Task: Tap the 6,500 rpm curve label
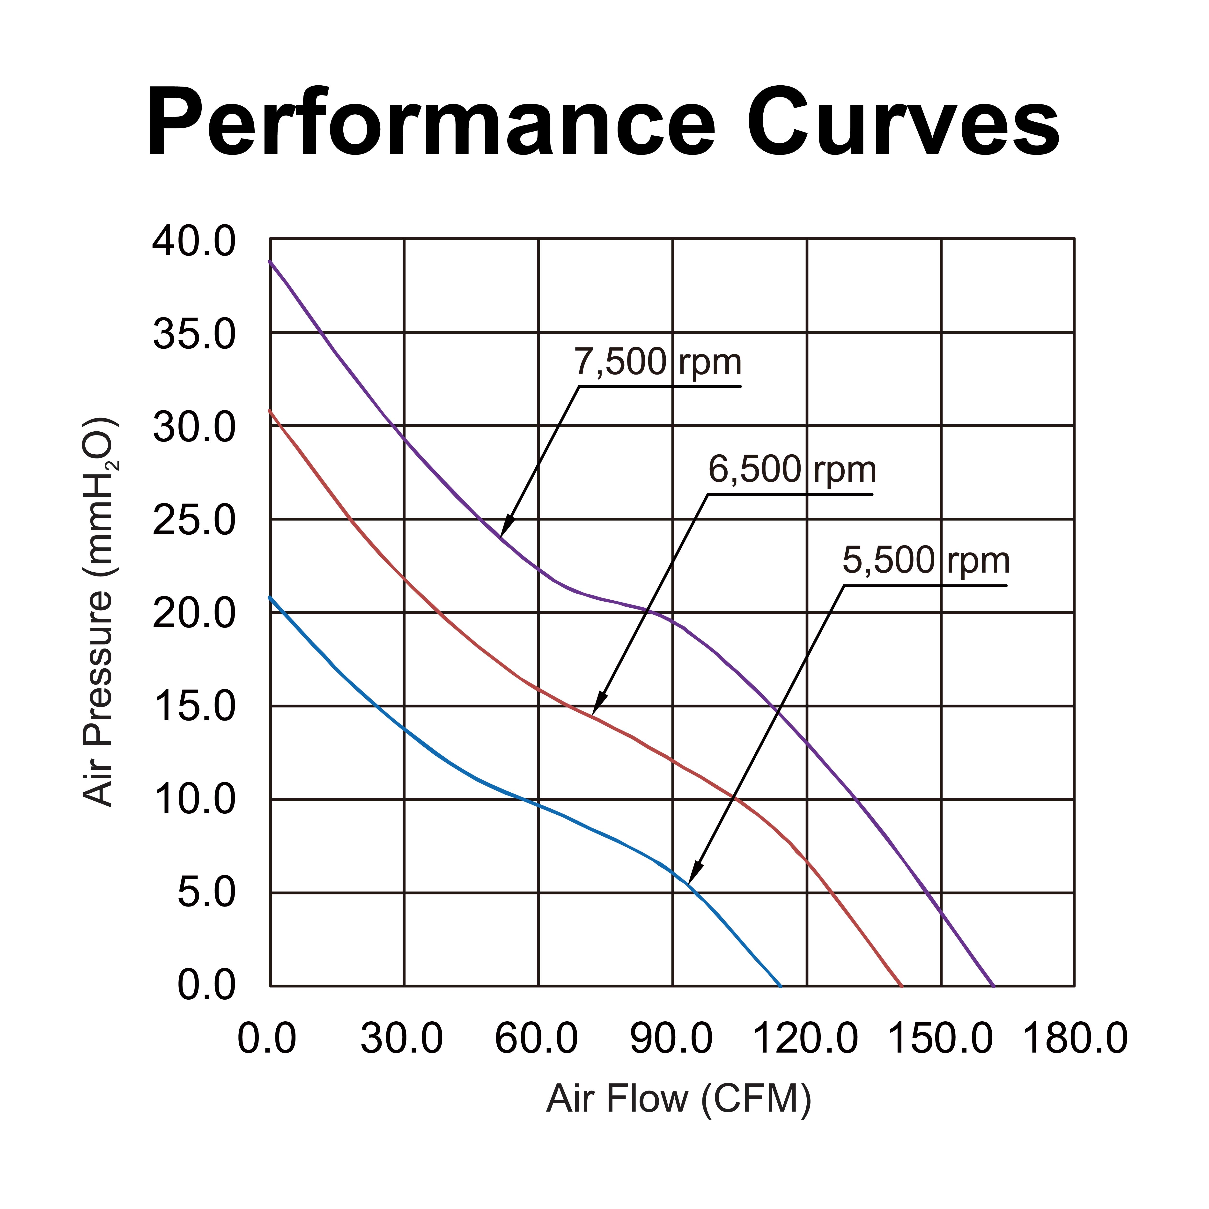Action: point(792,469)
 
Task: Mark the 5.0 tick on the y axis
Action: point(206,894)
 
